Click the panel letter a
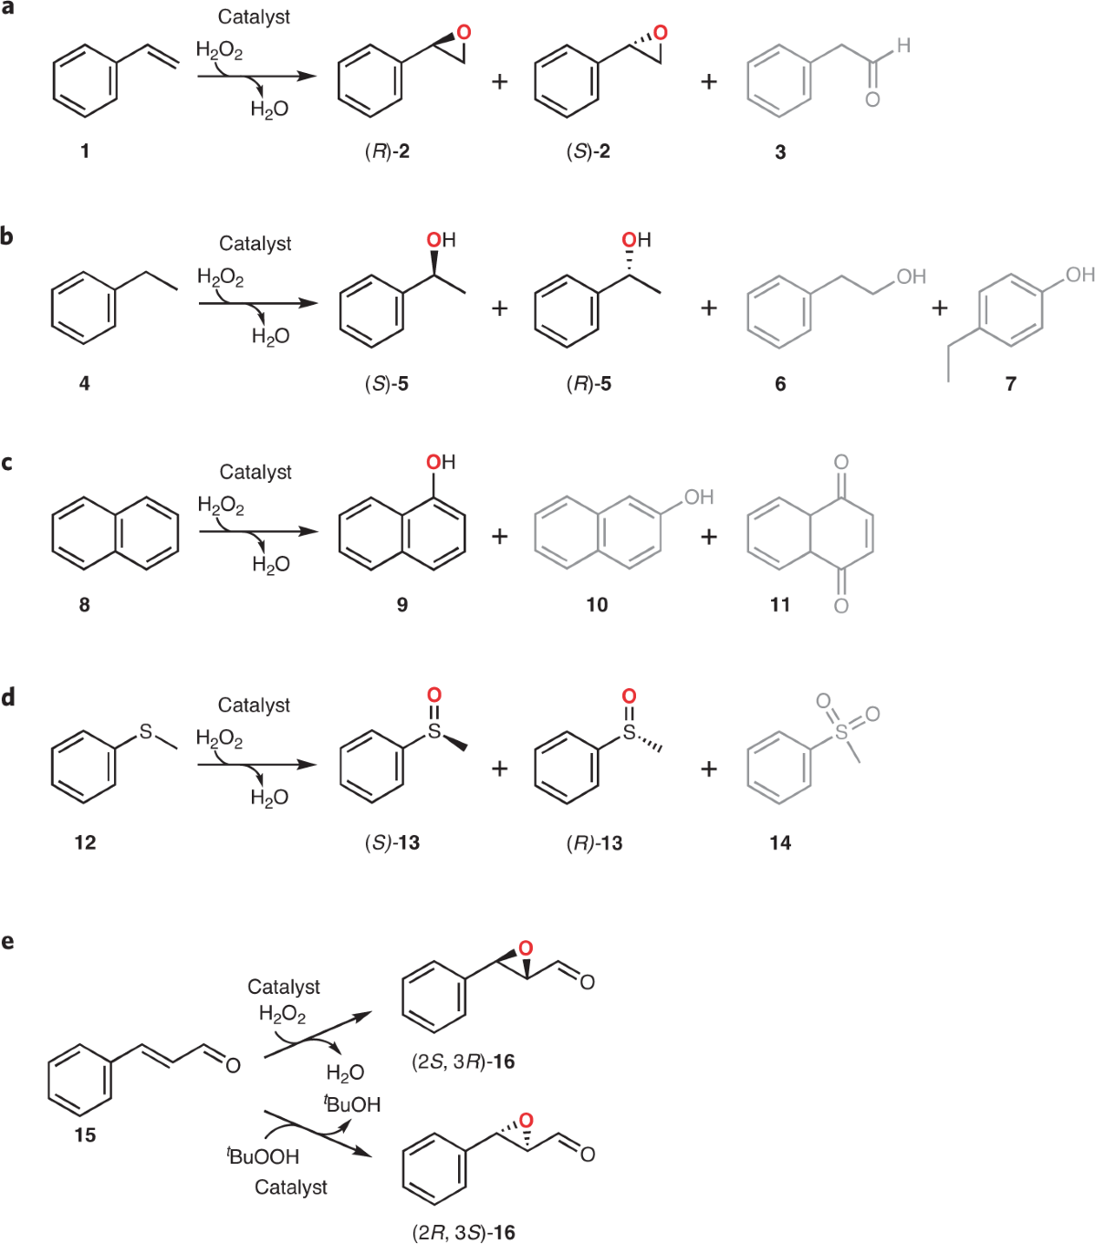(7, 8)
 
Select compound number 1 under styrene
(85, 152)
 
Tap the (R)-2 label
(387, 152)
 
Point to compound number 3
(780, 152)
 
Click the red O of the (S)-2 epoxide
(661, 33)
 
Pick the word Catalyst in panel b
(255, 244)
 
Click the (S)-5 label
(387, 384)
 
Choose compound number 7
(1010, 384)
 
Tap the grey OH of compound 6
(910, 277)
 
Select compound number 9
(402, 604)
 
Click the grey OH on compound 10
(698, 497)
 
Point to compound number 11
(780, 604)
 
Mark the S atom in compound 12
(146, 732)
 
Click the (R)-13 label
(594, 843)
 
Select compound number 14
(780, 843)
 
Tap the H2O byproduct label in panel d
(269, 799)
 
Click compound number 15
(85, 1135)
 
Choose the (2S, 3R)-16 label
(464, 1061)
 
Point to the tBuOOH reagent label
(263, 1156)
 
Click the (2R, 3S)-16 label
(464, 1233)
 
